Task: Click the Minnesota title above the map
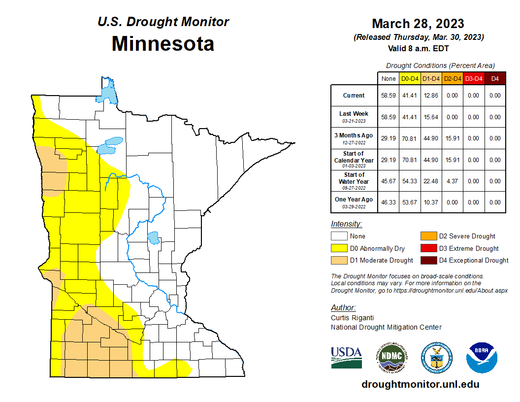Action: pos(162,44)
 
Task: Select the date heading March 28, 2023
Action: pos(418,24)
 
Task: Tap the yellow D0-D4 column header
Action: pos(410,78)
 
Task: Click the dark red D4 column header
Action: pos(495,78)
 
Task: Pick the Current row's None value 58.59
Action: pos(388,96)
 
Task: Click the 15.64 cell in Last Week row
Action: pos(431,117)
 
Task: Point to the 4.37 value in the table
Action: pos(453,181)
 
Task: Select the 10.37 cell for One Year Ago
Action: pos(431,202)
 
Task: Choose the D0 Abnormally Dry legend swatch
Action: pos(338,248)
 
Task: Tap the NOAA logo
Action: pos(482,357)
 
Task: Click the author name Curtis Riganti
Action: pos(352,318)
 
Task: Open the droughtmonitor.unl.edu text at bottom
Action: pos(420,384)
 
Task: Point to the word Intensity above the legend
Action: pos(346,224)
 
